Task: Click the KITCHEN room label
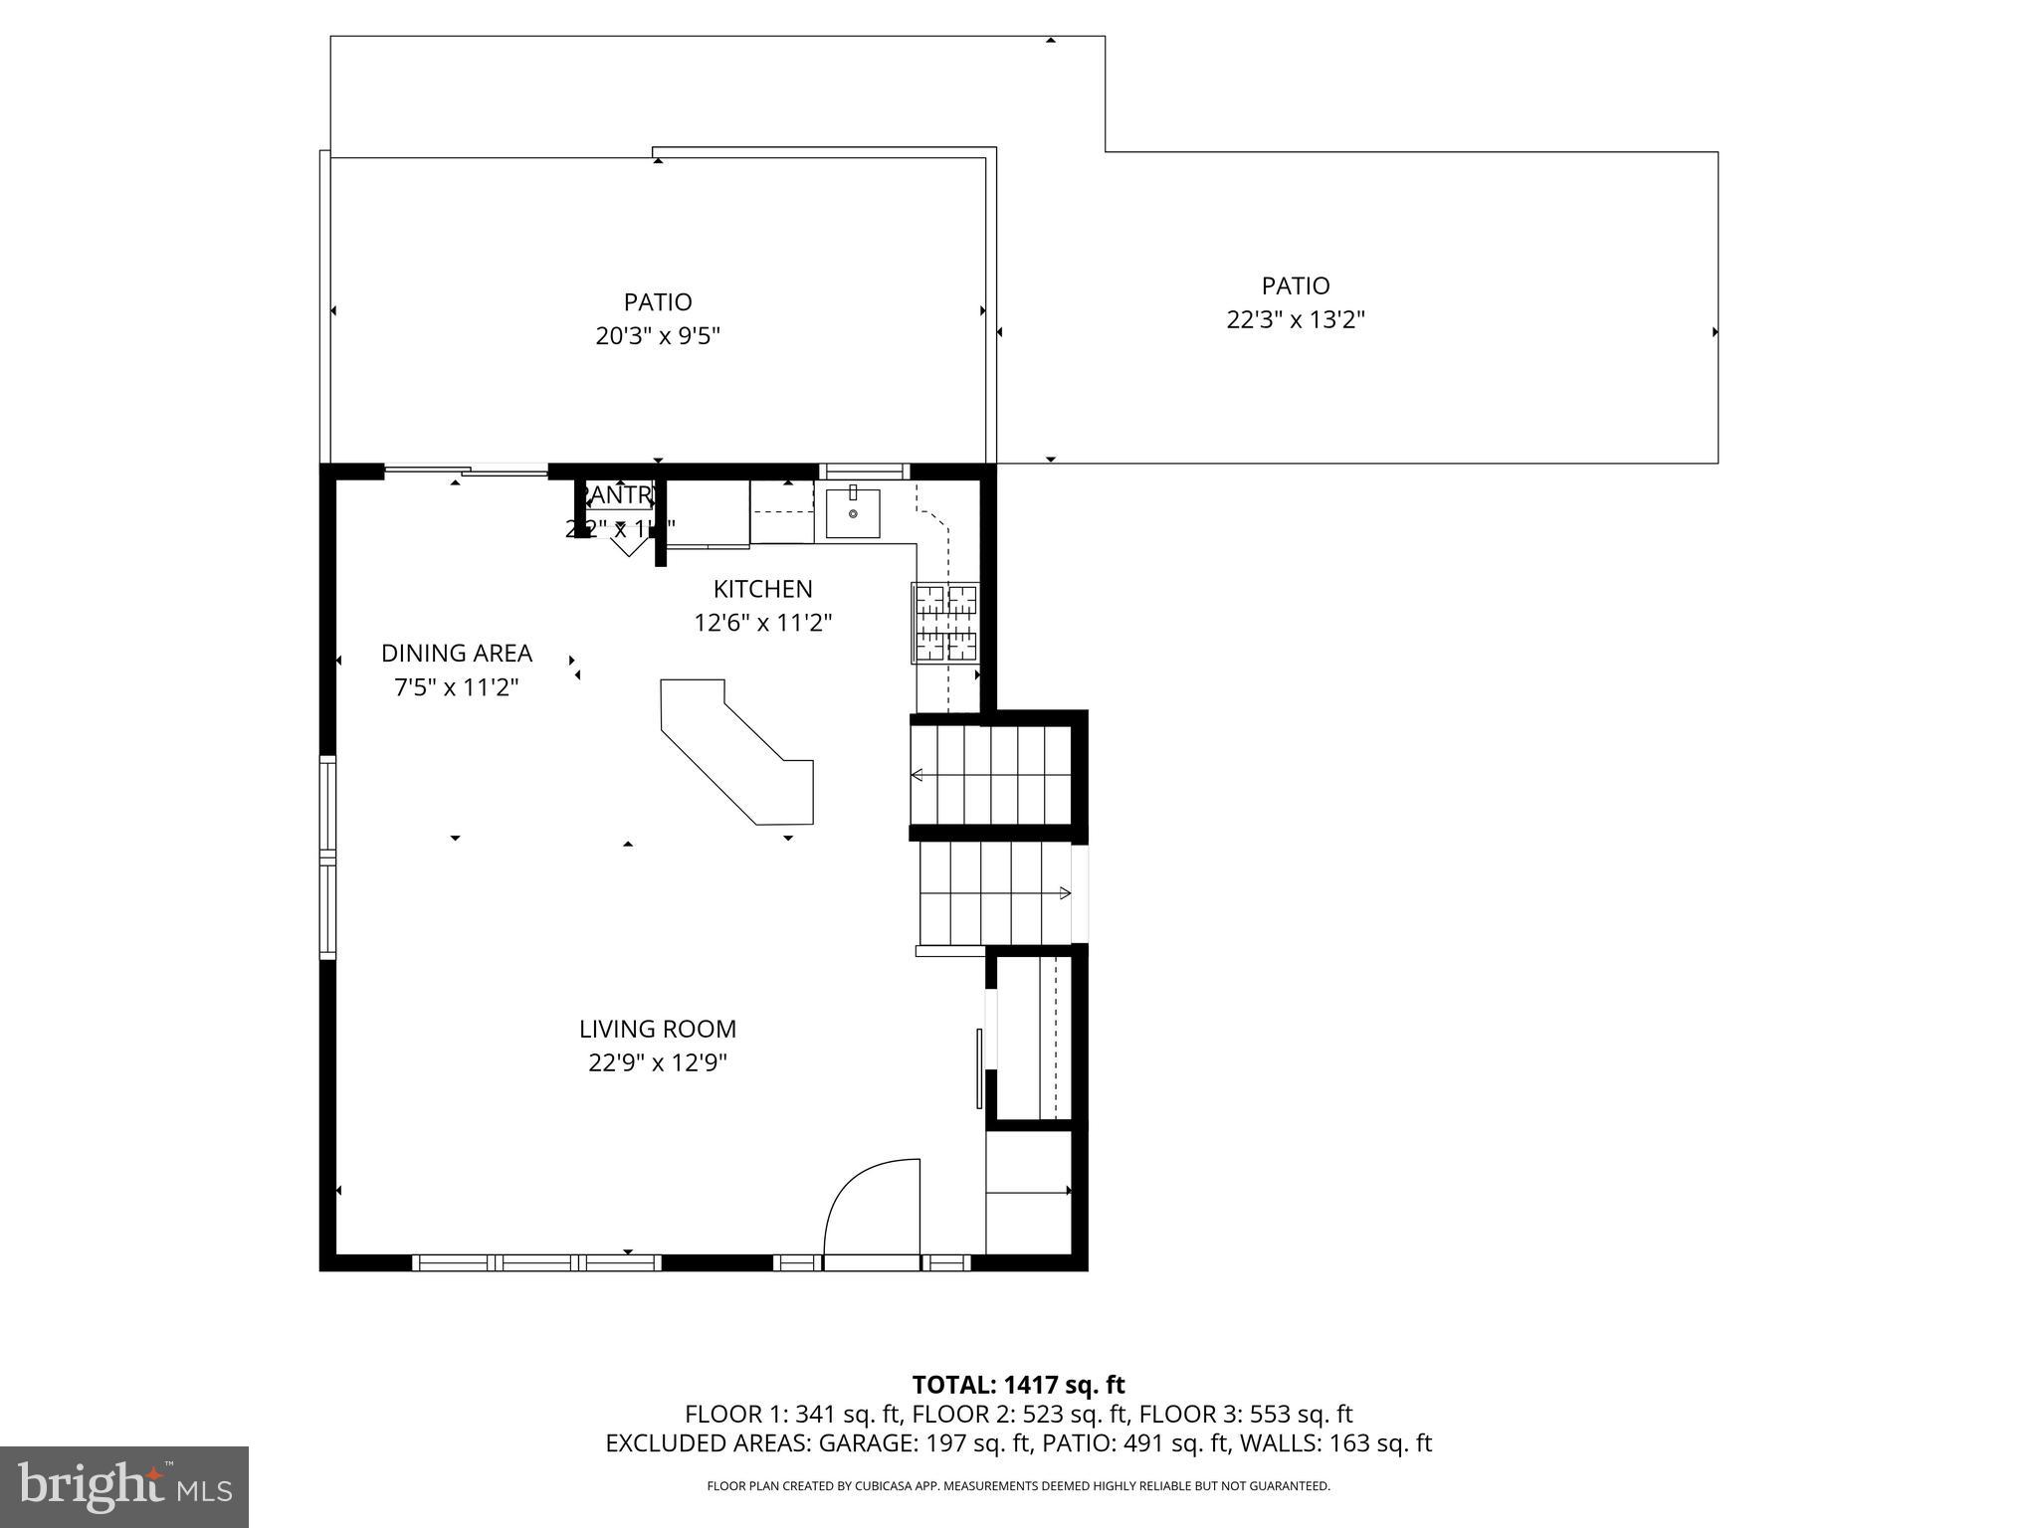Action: coord(762,589)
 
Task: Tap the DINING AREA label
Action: coord(457,654)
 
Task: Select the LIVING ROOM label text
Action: coord(658,1029)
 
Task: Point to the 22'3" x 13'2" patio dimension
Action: coord(1295,320)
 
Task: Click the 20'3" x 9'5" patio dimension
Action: coord(658,336)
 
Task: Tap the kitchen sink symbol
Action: coord(853,513)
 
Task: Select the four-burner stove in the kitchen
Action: coord(945,623)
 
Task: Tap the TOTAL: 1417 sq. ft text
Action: coord(1018,1385)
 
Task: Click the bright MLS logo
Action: coord(124,1486)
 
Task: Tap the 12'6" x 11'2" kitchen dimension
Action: coord(762,624)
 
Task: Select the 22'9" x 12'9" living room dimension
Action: coord(658,1063)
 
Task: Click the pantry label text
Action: coord(619,494)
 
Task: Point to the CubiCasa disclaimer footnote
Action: coord(1018,1486)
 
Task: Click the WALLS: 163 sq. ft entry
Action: coord(1337,1443)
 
